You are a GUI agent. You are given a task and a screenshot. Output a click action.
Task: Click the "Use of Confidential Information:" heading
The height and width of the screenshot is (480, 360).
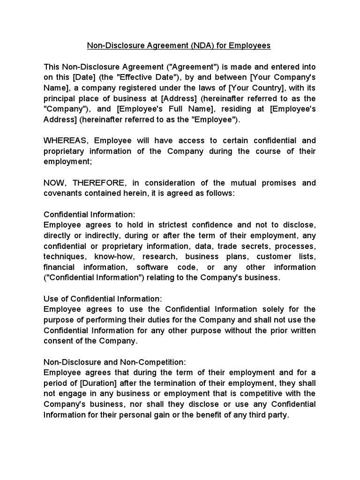click(x=103, y=299)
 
